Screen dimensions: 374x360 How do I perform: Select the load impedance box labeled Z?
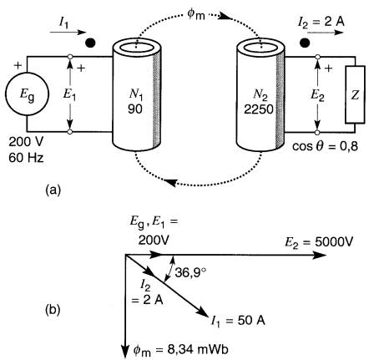[355, 94]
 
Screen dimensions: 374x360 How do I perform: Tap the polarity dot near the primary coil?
[90, 43]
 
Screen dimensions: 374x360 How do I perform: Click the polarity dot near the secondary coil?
[305, 43]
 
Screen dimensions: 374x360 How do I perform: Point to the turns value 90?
[135, 109]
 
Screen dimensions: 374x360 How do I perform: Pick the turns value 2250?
[259, 109]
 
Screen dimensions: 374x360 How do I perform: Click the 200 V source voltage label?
[26, 142]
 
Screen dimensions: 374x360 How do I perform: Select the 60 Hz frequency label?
[26, 158]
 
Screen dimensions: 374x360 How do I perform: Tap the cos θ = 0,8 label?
[325, 146]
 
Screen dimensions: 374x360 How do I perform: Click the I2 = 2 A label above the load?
[321, 22]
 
